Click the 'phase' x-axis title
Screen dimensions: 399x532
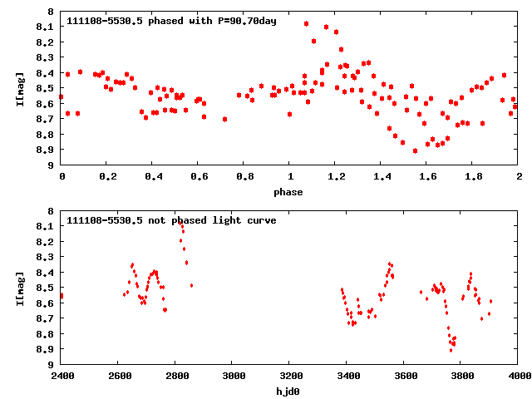click(290, 192)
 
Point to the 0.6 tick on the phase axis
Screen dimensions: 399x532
click(199, 177)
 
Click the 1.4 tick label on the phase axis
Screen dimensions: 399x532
click(381, 177)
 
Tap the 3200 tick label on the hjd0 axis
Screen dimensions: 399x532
click(290, 376)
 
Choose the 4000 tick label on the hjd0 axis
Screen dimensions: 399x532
click(518, 376)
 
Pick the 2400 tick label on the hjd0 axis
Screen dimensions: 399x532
click(62, 376)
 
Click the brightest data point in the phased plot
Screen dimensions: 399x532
click(307, 23)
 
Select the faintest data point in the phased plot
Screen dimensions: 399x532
click(415, 150)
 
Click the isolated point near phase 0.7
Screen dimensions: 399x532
click(224, 119)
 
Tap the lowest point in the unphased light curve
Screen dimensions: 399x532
click(451, 350)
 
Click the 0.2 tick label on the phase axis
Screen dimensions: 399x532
click(107, 177)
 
